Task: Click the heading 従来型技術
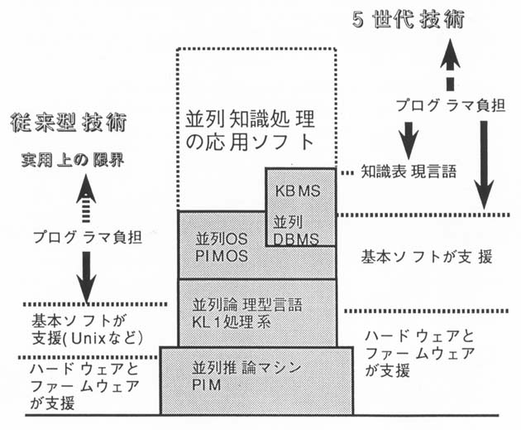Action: (69, 123)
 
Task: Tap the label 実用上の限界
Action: (73, 160)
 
